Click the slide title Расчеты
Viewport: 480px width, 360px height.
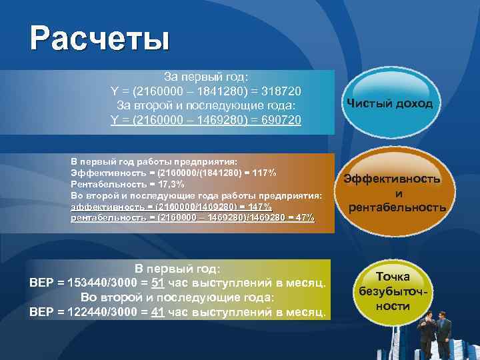tap(99, 39)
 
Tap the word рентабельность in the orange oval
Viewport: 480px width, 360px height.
tap(393, 207)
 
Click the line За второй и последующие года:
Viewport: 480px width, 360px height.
tap(206, 105)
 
